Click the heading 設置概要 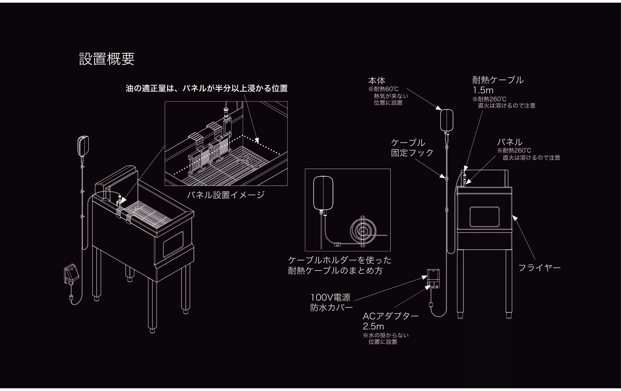click(x=107, y=59)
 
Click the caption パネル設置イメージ click(x=225, y=195)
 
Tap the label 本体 click(x=376, y=81)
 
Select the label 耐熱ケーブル click(x=498, y=80)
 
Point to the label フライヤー click(x=539, y=268)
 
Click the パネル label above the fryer click(x=509, y=142)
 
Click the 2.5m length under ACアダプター click(x=373, y=326)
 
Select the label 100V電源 click(x=330, y=297)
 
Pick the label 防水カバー click(x=331, y=307)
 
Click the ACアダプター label click(x=390, y=316)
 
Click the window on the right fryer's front click(x=484, y=216)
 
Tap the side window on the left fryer click(x=173, y=244)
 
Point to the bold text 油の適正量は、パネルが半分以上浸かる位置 click(x=207, y=88)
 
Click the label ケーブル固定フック click(x=412, y=147)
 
